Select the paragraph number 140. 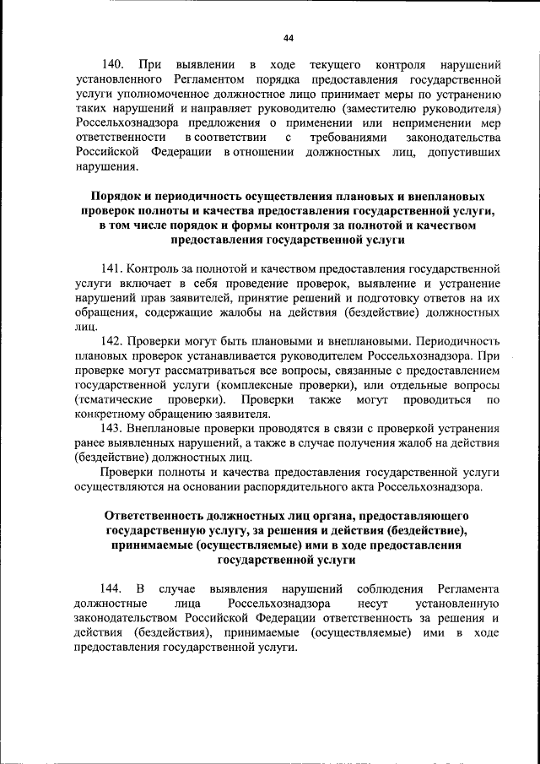point(113,65)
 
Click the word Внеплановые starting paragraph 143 point(165,428)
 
